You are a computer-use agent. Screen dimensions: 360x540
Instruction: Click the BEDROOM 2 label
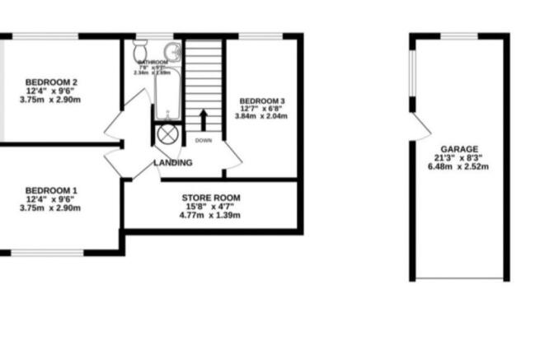(51, 82)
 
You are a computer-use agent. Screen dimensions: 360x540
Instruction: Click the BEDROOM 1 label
(51, 189)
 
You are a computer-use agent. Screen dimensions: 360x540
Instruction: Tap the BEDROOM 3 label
(262, 101)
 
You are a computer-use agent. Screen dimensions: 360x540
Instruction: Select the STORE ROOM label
(210, 198)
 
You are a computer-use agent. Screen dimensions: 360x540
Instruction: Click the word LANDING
(173, 163)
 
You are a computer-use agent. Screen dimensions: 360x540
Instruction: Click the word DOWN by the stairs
(204, 141)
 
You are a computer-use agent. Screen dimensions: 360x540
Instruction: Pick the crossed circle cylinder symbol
(167, 134)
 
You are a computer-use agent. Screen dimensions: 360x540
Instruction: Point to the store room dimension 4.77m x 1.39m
(210, 215)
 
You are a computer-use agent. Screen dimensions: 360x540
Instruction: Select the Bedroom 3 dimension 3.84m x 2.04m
(262, 116)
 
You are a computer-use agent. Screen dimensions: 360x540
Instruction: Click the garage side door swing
(420, 127)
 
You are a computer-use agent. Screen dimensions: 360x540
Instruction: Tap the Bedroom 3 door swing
(232, 156)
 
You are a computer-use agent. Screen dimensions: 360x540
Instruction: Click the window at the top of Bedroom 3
(261, 35)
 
